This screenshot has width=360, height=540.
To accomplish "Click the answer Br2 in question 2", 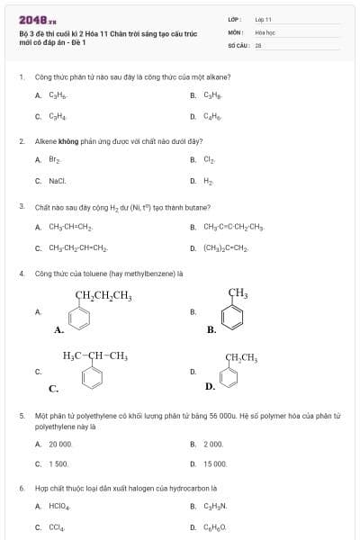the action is point(54,159).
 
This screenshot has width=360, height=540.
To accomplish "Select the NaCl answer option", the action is point(57,180).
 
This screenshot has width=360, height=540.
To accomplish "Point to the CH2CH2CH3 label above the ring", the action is point(103,295).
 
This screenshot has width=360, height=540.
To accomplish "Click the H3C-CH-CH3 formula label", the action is point(94,355).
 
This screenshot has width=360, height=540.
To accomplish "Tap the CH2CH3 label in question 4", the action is point(240,358).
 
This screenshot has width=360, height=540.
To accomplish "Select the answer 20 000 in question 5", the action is point(60,444).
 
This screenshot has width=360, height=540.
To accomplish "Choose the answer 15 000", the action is point(215,463).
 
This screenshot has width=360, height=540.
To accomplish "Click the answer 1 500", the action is point(58,463).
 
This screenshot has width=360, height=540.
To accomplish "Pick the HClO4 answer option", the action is point(58,506).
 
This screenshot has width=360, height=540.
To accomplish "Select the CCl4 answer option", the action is point(56,526).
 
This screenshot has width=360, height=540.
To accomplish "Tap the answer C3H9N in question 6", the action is point(214,506).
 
